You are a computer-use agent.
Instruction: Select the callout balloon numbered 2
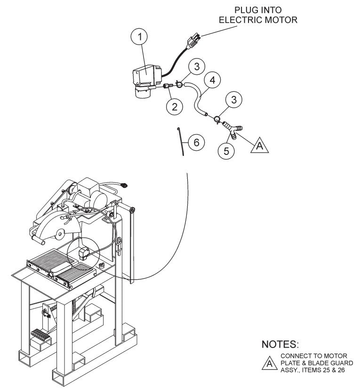[175, 106]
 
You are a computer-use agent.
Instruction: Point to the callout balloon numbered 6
[196, 142]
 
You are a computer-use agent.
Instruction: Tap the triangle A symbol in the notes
[269, 363]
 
